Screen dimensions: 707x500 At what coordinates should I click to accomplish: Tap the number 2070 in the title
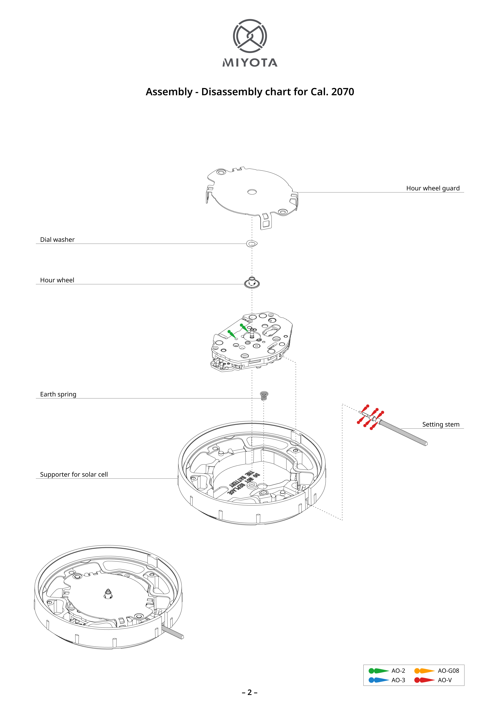click(x=342, y=92)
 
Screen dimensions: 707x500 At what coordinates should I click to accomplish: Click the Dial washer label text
click(x=57, y=240)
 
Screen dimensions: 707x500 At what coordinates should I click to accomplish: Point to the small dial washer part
click(x=252, y=244)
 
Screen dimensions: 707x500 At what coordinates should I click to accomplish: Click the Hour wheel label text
click(x=57, y=280)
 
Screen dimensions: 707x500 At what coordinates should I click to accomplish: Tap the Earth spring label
click(x=58, y=394)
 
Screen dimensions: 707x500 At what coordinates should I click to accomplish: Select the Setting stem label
click(x=441, y=424)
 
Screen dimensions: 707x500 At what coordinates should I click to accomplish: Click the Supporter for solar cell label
click(x=74, y=474)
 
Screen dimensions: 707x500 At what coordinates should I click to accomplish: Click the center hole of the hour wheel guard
click(x=252, y=192)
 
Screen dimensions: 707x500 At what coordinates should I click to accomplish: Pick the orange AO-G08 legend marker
click(x=424, y=671)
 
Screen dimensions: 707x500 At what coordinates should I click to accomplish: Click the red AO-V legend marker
click(x=424, y=680)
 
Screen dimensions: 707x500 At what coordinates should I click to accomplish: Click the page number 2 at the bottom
click(x=250, y=692)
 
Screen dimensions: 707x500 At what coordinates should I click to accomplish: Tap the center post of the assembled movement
click(x=108, y=593)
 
